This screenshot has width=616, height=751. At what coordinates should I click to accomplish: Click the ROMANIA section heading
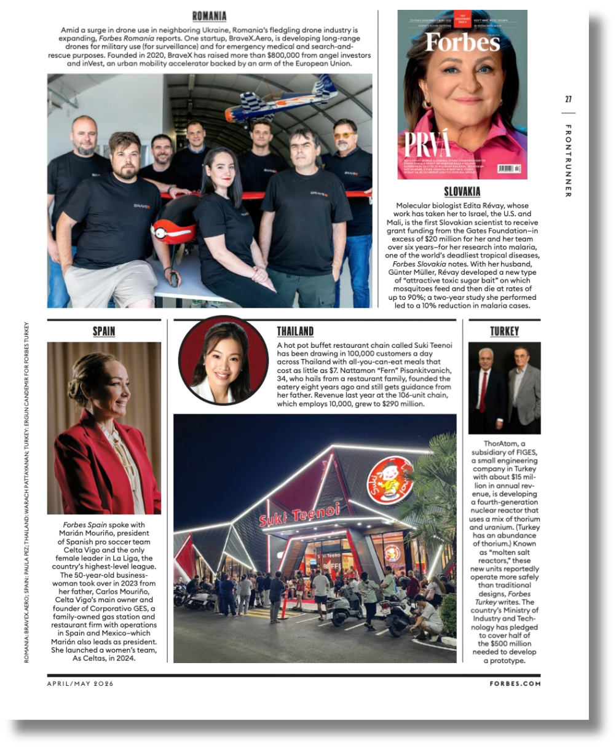tap(209, 17)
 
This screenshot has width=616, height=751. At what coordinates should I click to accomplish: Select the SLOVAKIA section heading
tap(462, 192)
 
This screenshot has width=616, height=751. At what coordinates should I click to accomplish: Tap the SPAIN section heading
tap(104, 331)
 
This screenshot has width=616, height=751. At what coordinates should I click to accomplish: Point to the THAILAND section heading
tap(295, 331)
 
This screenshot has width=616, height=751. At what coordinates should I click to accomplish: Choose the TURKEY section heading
tap(504, 331)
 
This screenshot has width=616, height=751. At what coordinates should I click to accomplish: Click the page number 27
tap(568, 100)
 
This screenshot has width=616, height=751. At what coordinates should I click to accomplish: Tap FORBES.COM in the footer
tap(515, 683)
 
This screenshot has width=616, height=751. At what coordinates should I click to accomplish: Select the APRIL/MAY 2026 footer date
tap(81, 683)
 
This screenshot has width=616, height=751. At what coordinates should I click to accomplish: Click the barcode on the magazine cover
tap(509, 168)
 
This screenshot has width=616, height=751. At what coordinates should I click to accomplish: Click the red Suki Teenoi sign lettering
tap(299, 514)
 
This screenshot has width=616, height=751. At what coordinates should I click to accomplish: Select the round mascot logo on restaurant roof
tap(389, 480)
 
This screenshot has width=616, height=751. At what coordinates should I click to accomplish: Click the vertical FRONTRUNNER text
tap(568, 161)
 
